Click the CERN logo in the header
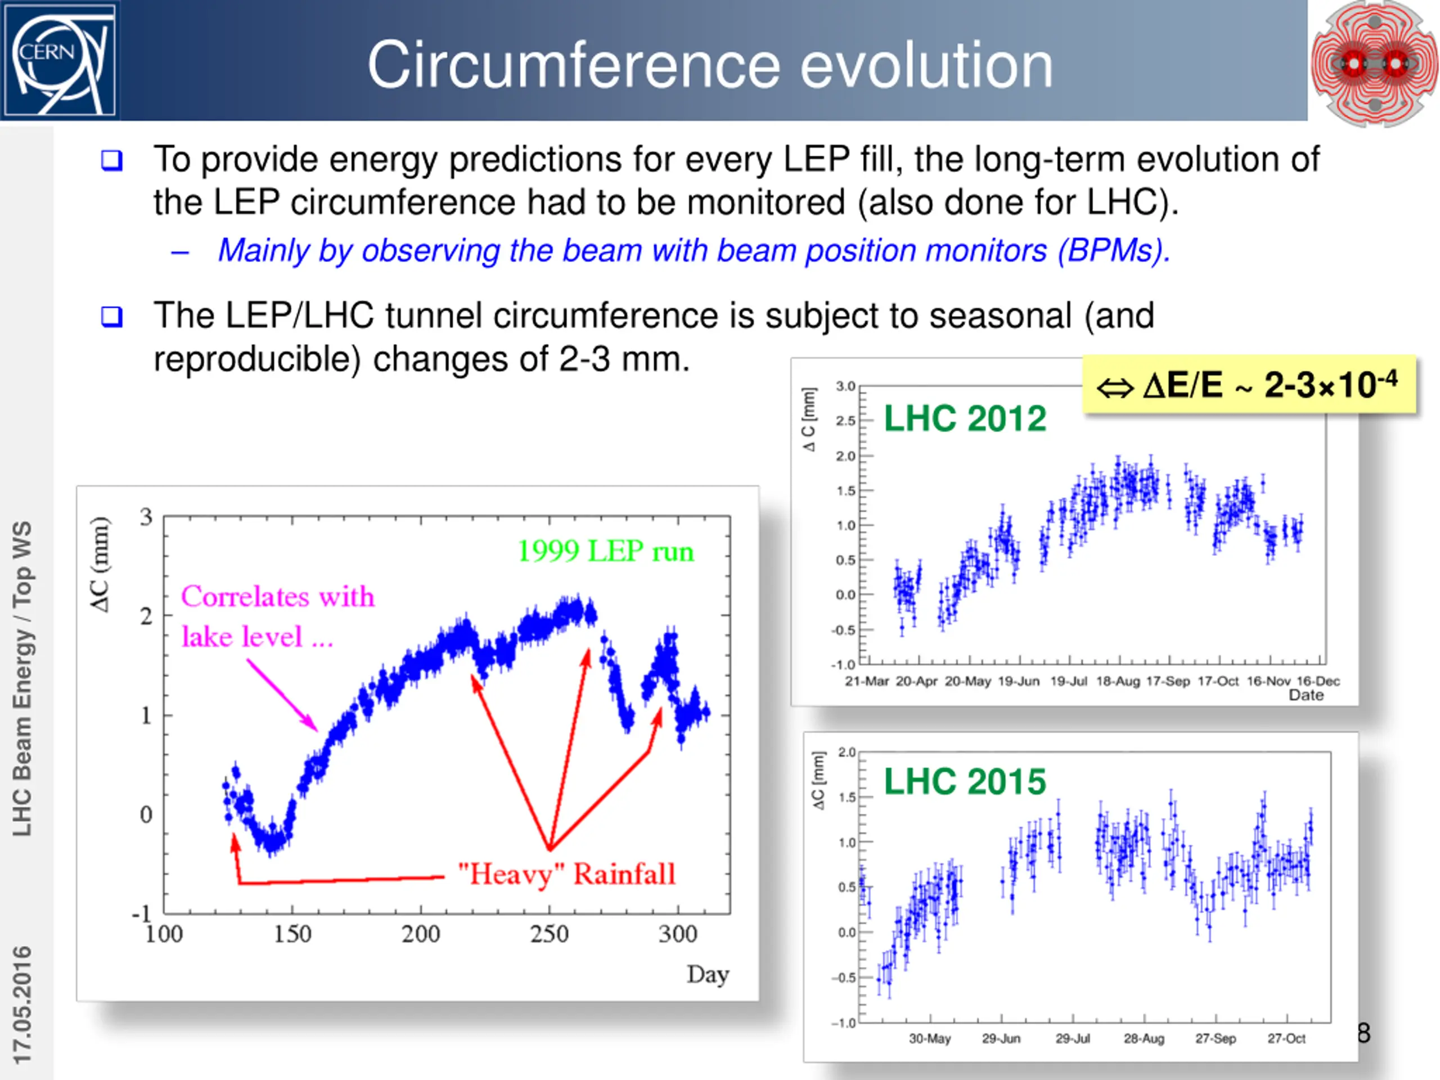(x=59, y=59)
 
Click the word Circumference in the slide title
(x=573, y=65)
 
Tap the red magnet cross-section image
(x=1374, y=63)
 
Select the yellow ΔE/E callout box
(x=1249, y=385)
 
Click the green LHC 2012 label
(x=964, y=418)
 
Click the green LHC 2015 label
(x=964, y=781)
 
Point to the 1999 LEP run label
(x=605, y=551)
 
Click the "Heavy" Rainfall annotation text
(x=566, y=874)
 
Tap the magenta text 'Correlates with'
(x=278, y=596)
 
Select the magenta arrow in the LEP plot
(x=281, y=695)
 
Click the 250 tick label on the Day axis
(x=549, y=934)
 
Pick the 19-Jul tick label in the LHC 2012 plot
(x=1068, y=681)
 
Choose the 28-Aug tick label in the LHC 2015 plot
(x=1144, y=1038)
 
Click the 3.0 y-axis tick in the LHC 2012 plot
(x=845, y=386)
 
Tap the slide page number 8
(x=1363, y=1033)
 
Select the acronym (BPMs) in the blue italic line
(x=1114, y=251)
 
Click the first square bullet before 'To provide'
(x=112, y=160)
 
